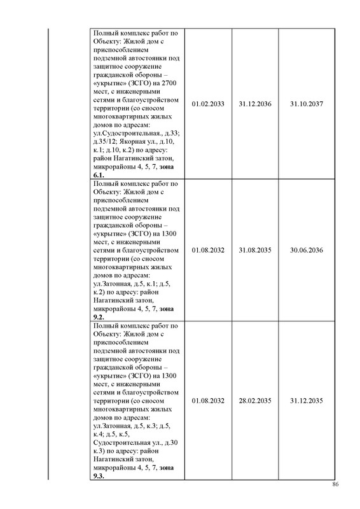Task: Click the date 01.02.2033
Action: pyautogui.click(x=208, y=103)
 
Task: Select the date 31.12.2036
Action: pyautogui.click(x=256, y=103)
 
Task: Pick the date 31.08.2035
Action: pyautogui.click(x=256, y=250)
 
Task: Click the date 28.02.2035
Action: pyautogui.click(x=256, y=401)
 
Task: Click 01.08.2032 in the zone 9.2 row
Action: pyautogui.click(x=208, y=250)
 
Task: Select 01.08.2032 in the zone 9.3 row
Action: pyautogui.click(x=208, y=401)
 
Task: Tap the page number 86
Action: pyautogui.click(x=336, y=485)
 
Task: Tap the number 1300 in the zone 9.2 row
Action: pyautogui.click(x=169, y=234)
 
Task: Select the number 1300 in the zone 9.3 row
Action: pyautogui.click(x=169, y=377)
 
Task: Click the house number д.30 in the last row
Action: pyautogui.click(x=173, y=443)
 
